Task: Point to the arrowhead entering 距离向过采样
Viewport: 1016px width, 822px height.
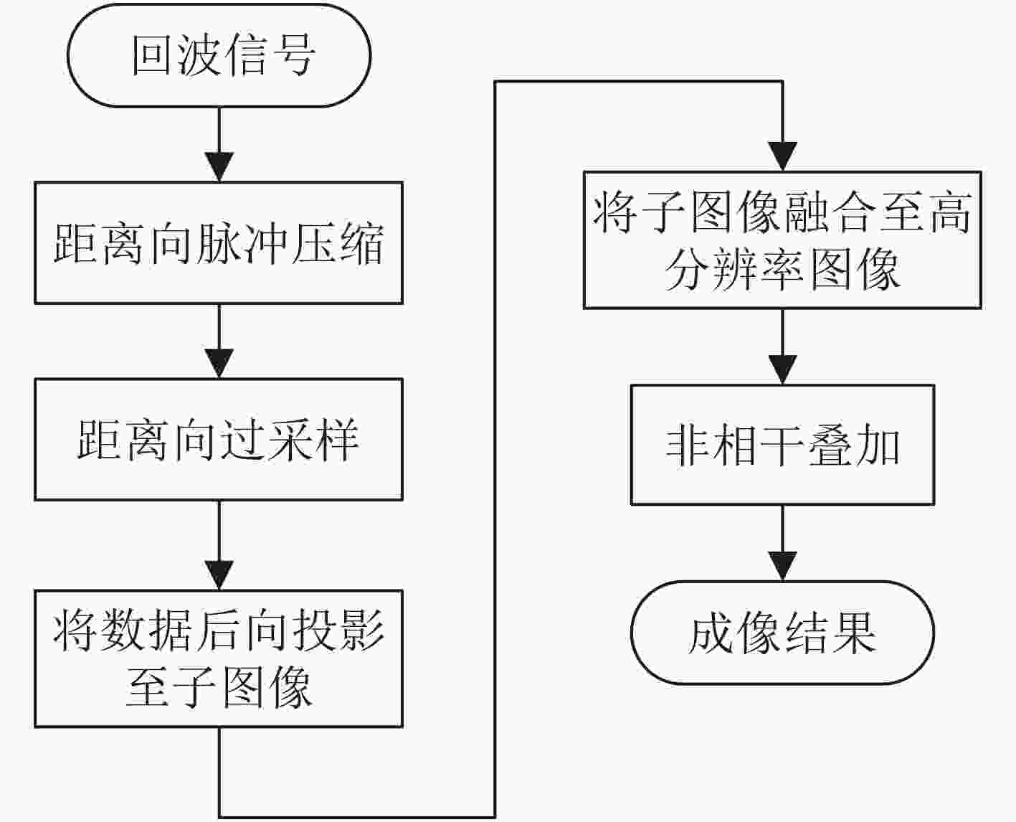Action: tap(219, 364)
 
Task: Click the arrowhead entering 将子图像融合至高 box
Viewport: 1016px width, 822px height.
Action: tap(783, 156)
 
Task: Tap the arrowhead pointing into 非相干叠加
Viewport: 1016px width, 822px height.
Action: tap(783, 369)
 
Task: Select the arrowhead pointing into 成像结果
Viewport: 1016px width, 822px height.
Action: tap(783, 566)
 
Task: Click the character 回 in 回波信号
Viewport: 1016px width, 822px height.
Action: tap(152, 55)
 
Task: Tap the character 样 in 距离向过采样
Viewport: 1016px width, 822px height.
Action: tap(337, 440)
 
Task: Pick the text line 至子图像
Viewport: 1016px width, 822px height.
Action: tap(219, 687)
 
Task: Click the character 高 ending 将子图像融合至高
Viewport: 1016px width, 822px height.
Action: tap(949, 212)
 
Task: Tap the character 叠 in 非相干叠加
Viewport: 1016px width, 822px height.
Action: tap(830, 445)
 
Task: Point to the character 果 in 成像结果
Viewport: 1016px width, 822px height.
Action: tap(853, 633)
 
